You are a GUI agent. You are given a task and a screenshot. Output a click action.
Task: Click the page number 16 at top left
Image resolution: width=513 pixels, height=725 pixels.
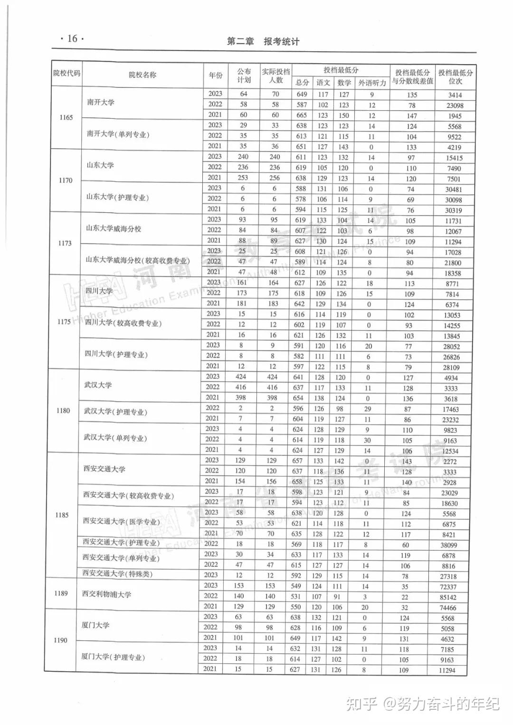(72, 38)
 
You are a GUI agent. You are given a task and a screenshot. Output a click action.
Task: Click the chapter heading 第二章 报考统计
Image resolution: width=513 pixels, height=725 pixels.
(263, 42)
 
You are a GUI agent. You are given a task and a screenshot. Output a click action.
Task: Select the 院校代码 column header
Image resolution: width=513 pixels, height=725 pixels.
(66, 74)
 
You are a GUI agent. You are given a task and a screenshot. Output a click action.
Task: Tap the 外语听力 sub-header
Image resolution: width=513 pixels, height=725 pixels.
(372, 83)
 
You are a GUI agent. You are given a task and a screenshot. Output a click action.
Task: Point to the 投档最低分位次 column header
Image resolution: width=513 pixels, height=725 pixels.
(455, 76)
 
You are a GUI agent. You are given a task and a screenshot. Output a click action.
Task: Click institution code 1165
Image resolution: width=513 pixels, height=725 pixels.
(66, 117)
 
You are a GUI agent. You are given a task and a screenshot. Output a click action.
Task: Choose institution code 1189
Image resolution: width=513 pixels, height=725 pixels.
(61, 593)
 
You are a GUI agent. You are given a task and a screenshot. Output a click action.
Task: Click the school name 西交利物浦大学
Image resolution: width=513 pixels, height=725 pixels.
(106, 594)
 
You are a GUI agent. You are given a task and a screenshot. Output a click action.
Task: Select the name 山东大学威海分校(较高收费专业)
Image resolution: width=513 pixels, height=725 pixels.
(138, 260)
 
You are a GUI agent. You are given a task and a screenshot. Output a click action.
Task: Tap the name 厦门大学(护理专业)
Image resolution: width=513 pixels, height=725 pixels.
(113, 657)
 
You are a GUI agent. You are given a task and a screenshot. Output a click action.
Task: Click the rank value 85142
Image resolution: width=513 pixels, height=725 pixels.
(448, 597)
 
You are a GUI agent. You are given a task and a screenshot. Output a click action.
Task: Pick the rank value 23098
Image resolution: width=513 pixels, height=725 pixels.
(455, 105)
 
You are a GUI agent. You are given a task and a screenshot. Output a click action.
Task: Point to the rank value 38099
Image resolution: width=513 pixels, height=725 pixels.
(449, 545)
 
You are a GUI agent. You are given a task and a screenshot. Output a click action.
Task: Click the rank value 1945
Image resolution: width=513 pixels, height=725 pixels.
(455, 116)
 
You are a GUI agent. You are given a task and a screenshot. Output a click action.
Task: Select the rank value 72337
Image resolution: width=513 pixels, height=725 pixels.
(448, 587)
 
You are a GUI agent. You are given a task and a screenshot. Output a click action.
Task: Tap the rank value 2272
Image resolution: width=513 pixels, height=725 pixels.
(450, 461)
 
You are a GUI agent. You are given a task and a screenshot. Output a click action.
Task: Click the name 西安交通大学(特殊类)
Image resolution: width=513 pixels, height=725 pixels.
(117, 574)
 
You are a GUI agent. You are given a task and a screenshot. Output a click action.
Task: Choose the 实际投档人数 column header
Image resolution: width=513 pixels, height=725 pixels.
(275, 76)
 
